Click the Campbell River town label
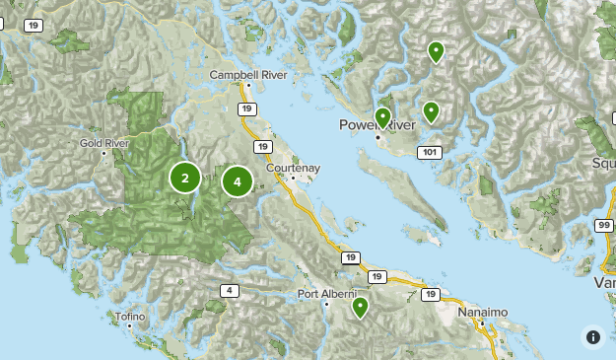(x=244, y=74)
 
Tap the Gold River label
(x=104, y=143)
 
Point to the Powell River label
(x=373, y=125)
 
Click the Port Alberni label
(x=325, y=294)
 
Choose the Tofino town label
(x=129, y=317)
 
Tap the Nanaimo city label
(x=483, y=312)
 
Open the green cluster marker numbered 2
(x=184, y=178)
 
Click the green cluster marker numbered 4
(x=238, y=181)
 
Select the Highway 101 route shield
(x=429, y=153)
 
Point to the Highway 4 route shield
(x=230, y=290)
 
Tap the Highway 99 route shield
(x=601, y=226)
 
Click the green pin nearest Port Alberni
(x=361, y=307)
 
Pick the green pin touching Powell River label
(x=382, y=117)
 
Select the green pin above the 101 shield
(x=431, y=110)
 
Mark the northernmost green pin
(x=435, y=50)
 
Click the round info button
(x=592, y=336)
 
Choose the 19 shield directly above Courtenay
(x=261, y=147)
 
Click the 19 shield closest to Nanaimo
(x=430, y=294)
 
